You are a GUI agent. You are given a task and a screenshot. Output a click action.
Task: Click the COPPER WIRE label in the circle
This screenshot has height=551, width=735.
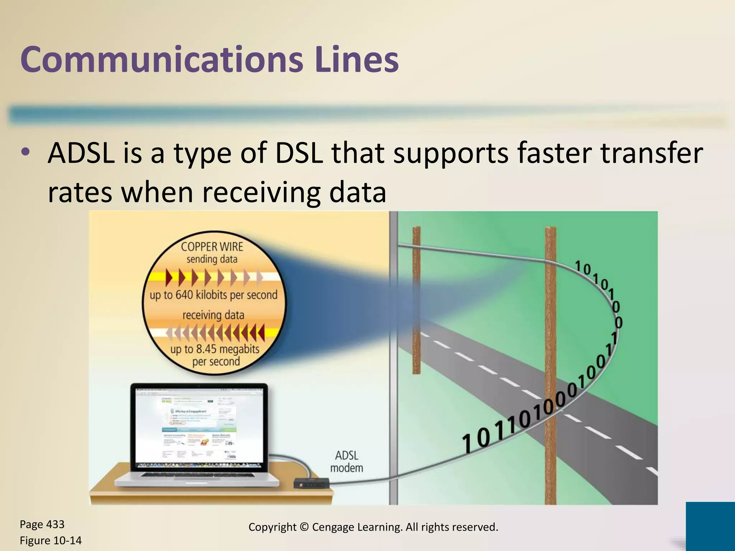click(212, 247)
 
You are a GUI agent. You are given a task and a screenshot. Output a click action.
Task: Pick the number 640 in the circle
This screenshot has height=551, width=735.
click(184, 295)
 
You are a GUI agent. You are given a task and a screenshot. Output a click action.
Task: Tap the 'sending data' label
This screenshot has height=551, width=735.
click(212, 259)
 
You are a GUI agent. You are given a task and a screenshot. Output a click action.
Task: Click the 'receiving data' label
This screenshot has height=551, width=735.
click(213, 315)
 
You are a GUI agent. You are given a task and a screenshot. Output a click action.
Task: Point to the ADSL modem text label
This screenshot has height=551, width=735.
click(346, 462)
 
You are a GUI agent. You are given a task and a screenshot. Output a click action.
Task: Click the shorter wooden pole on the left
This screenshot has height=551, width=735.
click(416, 300)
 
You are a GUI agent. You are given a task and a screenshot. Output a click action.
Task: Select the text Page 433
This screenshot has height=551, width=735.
click(42, 524)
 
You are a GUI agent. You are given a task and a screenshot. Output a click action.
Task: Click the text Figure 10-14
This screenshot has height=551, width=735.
click(51, 541)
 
